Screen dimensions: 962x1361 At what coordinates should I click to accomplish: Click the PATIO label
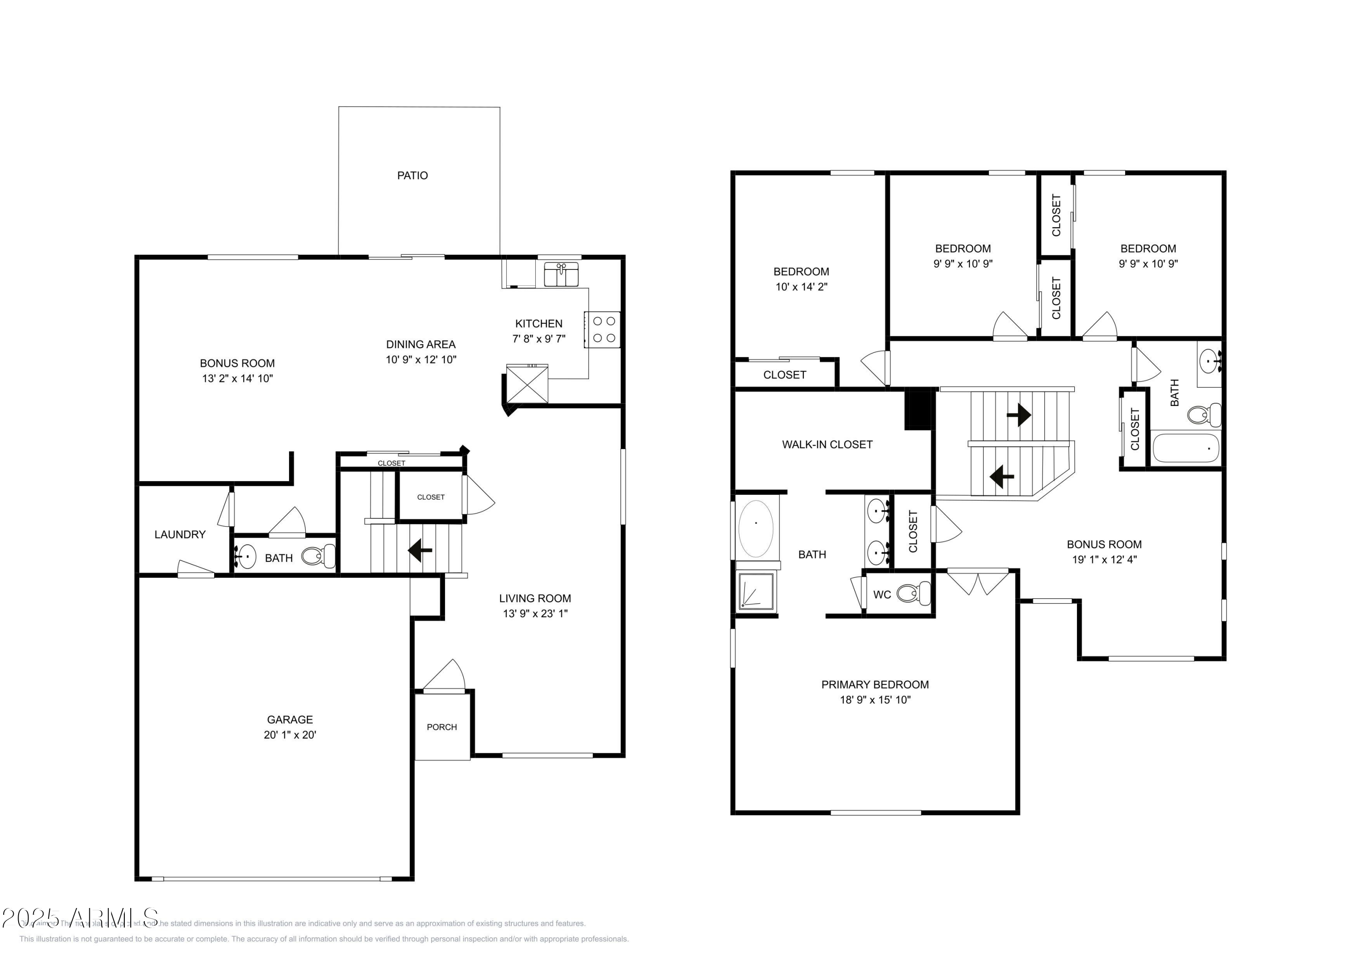tap(412, 176)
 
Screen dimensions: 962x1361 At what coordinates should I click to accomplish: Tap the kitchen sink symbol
tap(561, 274)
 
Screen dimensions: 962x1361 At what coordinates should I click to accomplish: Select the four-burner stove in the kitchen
tap(603, 330)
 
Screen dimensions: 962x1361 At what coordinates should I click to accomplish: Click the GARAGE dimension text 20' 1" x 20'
tap(290, 735)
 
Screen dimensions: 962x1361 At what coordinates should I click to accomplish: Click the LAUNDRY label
tap(180, 535)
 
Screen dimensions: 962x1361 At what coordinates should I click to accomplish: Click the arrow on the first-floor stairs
tap(420, 550)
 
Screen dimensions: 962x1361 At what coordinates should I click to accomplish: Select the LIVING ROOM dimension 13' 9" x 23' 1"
tap(535, 614)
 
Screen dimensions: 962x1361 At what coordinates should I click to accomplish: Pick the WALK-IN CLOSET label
tap(827, 444)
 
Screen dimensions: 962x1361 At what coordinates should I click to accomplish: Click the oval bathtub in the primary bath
tap(756, 529)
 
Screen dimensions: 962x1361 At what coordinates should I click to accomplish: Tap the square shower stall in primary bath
tap(756, 591)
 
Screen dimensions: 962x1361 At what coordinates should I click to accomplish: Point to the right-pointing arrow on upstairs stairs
tap(1018, 415)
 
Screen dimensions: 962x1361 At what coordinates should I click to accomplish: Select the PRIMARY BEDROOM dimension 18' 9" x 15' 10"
tap(875, 700)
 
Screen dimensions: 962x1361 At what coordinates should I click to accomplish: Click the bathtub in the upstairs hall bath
tap(1185, 448)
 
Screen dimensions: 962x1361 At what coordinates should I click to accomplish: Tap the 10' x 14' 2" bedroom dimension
tap(802, 287)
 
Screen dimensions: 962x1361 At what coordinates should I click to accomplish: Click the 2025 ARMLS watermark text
tap(80, 918)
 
